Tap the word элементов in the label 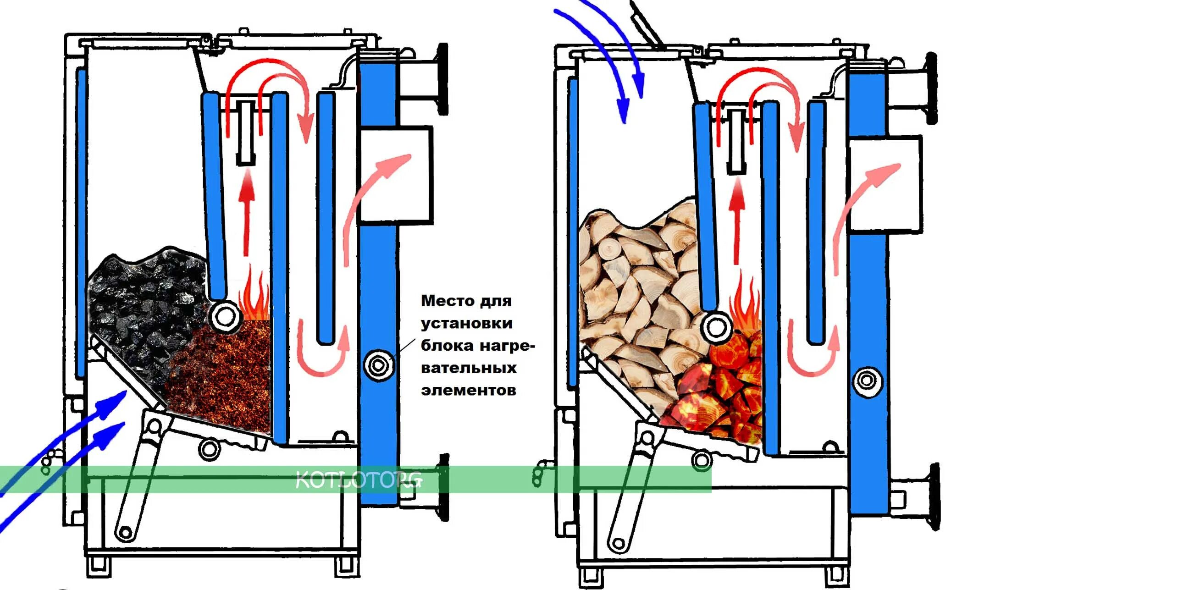click(x=469, y=390)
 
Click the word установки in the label click(x=467, y=323)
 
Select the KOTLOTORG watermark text click(x=358, y=480)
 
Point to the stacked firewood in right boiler click(x=638, y=285)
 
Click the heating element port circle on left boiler click(x=379, y=365)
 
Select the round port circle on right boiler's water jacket click(x=867, y=380)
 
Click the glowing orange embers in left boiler click(x=221, y=376)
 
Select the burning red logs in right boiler click(x=716, y=395)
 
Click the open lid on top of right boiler click(x=645, y=23)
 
